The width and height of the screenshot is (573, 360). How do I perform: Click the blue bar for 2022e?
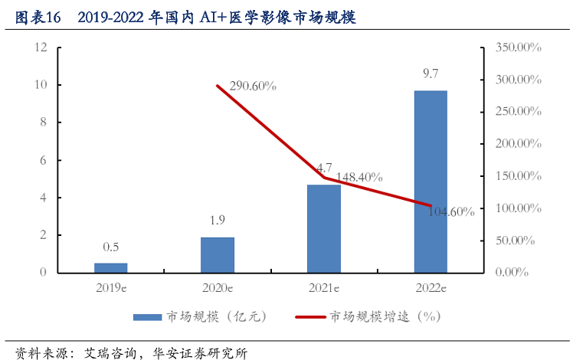point(431,182)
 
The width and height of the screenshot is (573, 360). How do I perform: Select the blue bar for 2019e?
point(111,267)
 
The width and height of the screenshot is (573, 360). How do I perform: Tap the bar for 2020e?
point(218,254)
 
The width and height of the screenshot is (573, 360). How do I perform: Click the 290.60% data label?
point(250,87)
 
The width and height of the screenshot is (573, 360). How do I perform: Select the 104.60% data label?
point(452,211)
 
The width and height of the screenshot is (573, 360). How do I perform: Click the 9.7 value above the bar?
point(431,75)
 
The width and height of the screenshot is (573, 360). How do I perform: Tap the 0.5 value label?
point(111,247)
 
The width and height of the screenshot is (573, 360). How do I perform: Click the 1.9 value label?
point(218,221)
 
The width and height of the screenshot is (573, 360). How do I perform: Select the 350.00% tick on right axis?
point(519,47)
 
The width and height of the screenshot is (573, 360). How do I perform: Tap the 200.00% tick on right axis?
point(519,143)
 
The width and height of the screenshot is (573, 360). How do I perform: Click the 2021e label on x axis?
point(324,287)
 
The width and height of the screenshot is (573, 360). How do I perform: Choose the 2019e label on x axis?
point(111,287)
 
